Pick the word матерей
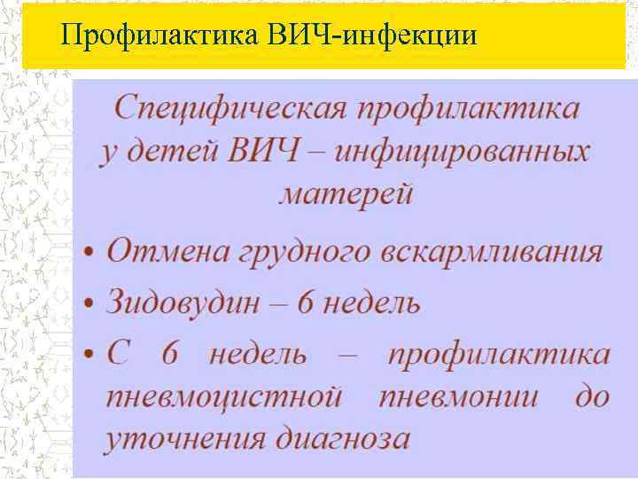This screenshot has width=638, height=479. [346, 192]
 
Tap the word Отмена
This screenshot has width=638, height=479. [166, 251]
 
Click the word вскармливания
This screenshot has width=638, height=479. [493, 251]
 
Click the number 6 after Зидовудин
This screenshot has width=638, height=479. [305, 302]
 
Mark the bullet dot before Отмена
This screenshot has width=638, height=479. [91, 253]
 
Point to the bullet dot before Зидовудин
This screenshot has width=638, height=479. [91, 304]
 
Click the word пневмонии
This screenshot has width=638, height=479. [458, 397]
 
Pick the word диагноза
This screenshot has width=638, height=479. [341, 439]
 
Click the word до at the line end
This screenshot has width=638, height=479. [592, 396]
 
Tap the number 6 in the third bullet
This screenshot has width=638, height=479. [170, 355]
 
